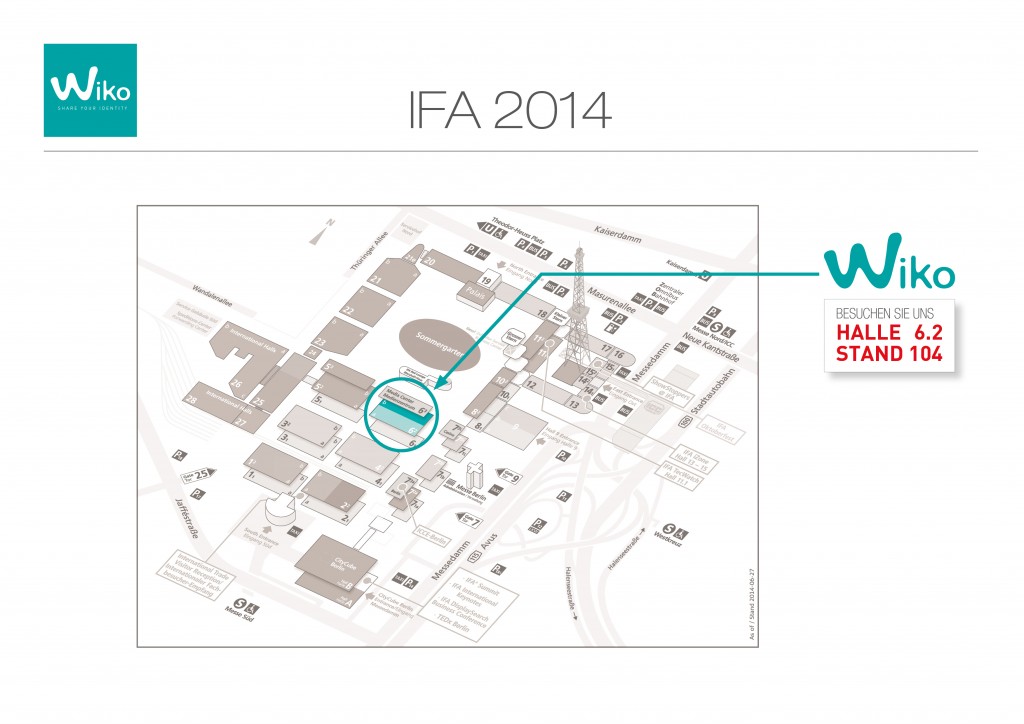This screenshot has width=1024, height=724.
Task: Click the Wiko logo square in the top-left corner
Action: point(90,90)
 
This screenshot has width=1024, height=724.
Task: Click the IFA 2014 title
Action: point(509,111)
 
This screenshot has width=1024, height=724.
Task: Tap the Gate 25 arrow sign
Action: point(198,474)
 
